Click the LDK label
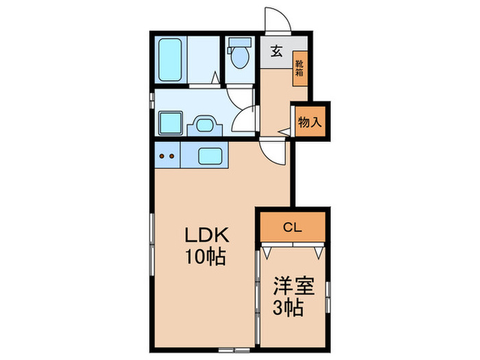[x=206, y=235]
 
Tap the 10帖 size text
[x=206, y=259]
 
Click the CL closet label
[x=292, y=226]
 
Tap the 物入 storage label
[x=309, y=122]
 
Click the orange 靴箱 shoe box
[x=300, y=69]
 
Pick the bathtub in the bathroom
[x=169, y=60]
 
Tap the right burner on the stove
[x=171, y=156]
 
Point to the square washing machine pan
[x=169, y=123]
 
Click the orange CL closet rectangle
[x=292, y=226]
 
